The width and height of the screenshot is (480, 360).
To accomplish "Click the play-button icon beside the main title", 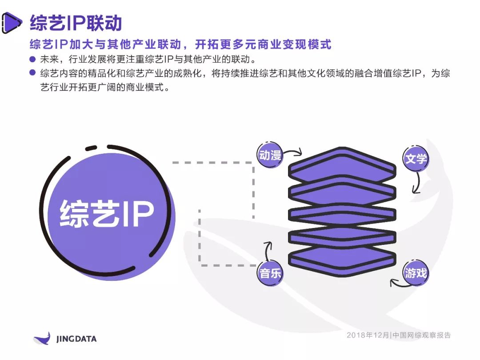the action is tap(12, 23).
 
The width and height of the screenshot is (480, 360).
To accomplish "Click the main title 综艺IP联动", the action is tap(76, 23).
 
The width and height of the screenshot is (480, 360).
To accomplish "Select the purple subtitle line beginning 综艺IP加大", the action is tap(180, 44).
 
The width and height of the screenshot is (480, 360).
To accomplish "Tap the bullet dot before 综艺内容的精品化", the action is tap(32, 73).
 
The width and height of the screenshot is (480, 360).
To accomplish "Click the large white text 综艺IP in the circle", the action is tap(107, 214).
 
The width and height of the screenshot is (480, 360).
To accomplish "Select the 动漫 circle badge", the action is tap(270, 155).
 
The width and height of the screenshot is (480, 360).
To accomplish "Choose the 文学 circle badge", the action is tap(416, 159).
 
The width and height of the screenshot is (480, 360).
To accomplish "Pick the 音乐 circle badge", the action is tap(270, 273).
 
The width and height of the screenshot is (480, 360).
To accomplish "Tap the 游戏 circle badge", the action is tap(416, 273).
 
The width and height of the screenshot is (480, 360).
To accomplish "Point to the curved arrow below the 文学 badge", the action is tap(417, 183).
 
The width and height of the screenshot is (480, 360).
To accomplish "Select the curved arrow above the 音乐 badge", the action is tap(267, 251).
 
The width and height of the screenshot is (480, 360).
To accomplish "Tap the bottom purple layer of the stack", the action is tap(342, 260).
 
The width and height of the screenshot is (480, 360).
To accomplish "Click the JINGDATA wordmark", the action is tap(76, 339).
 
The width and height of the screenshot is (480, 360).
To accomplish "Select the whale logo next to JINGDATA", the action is tap(42, 338).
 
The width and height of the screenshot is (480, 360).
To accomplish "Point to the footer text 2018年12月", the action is tap(368, 335).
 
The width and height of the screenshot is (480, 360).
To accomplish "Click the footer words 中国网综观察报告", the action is tap(421, 335).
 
